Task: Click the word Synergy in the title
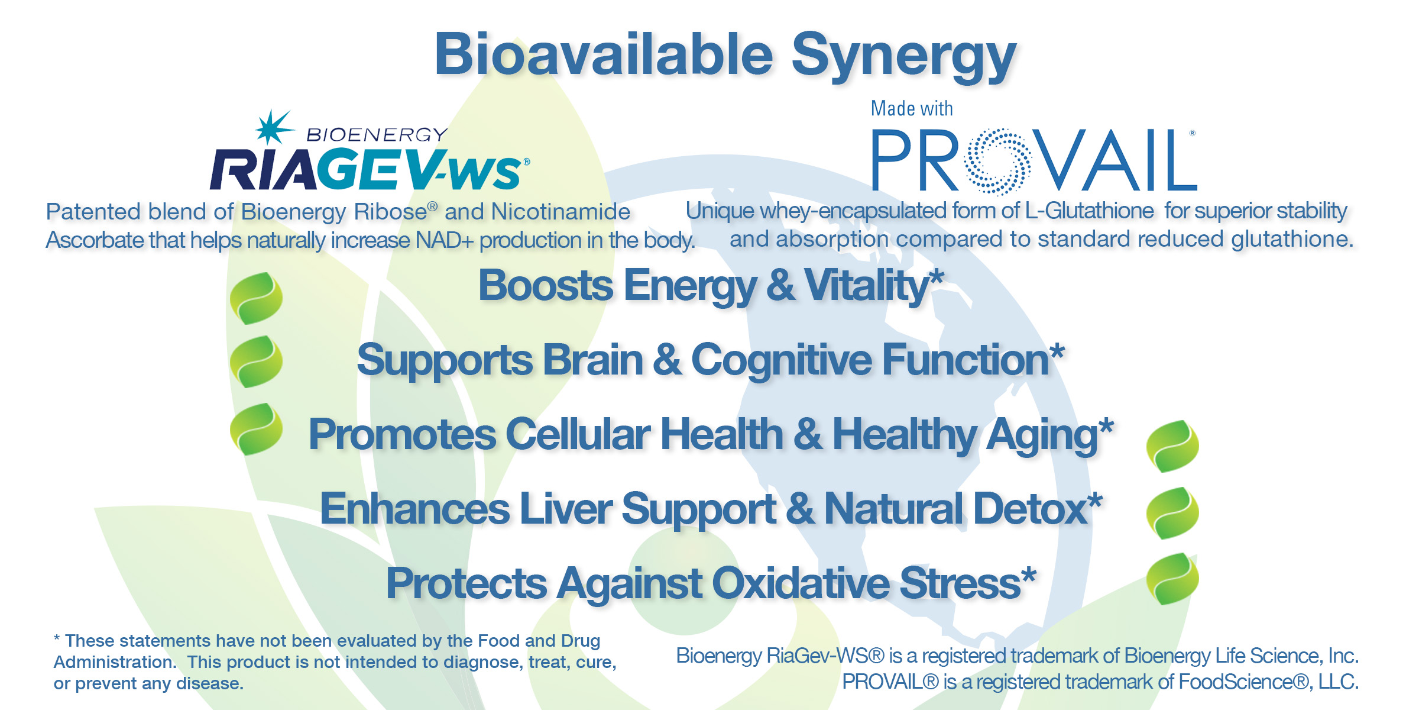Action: click(903, 57)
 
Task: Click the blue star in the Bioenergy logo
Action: click(274, 127)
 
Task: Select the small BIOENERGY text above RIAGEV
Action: click(377, 135)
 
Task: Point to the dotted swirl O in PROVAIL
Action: click(998, 162)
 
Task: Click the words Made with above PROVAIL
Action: click(912, 109)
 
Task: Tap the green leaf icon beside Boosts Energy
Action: click(256, 298)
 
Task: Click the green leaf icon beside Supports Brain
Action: click(256, 362)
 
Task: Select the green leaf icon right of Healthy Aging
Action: click(1172, 446)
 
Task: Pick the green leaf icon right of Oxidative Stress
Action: click(1172, 579)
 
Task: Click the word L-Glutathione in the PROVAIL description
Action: click(1089, 211)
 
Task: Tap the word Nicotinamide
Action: click(561, 212)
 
